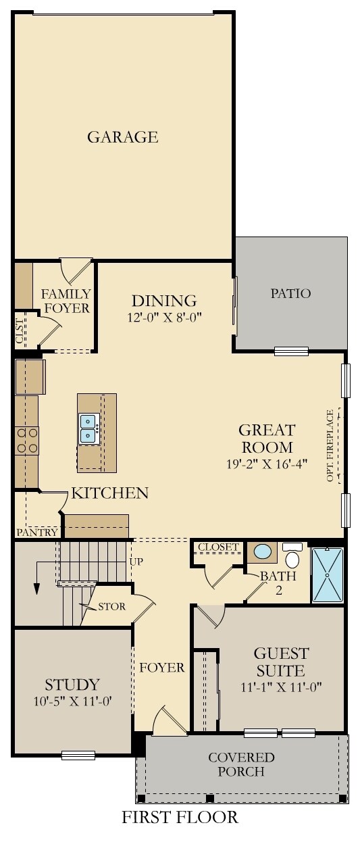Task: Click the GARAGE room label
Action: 122,137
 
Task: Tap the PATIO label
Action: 290,293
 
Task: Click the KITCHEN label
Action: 110,493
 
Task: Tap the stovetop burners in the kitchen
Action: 27,440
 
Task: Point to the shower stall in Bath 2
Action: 328,576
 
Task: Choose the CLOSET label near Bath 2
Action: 219,547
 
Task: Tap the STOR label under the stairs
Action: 111,606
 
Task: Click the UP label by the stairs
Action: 136,561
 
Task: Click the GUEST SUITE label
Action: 281,662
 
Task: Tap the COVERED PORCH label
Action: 241,764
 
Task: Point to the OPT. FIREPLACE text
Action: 330,445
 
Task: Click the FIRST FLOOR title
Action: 180,817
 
